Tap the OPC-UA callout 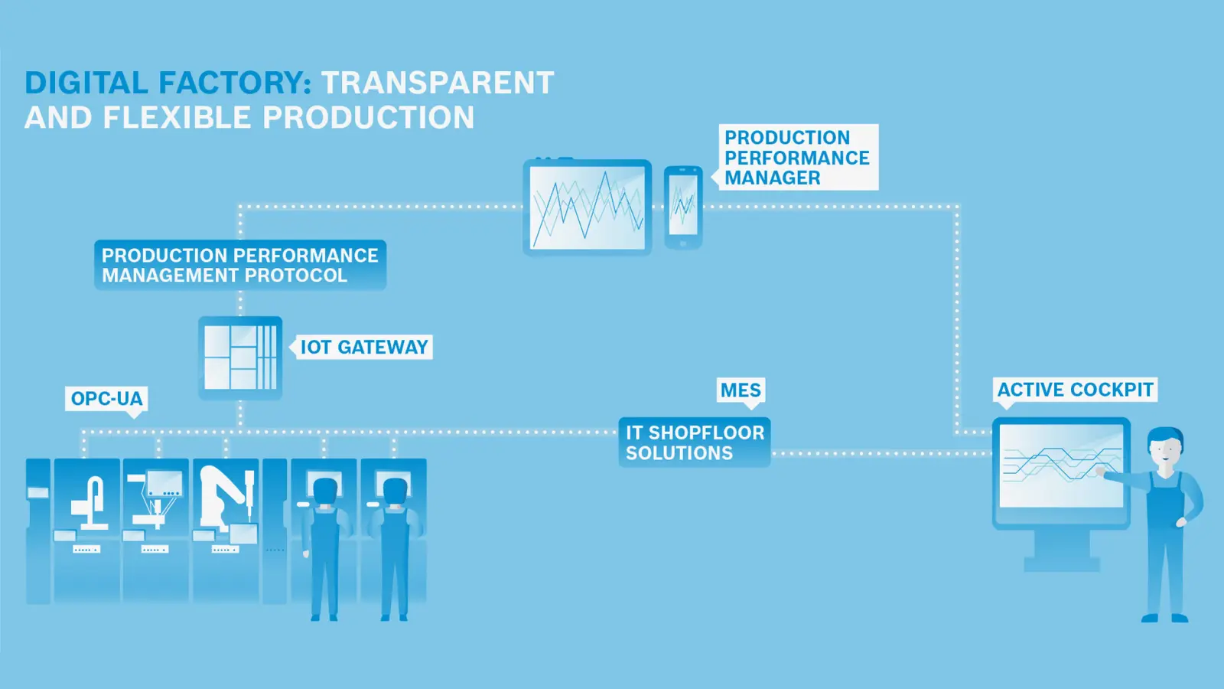pyautogui.click(x=106, y=399)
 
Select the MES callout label pyautogui.click(x=741, y=390)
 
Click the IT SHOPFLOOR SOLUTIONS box pyautogui.click(x=695, y=442)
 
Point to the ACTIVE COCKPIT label pyautogui.click(x=1075, y=390)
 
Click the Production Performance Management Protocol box pyautogui.click(x=240, y=265)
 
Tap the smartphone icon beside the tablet pyautogui.click(x=683, y=207)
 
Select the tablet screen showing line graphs pyautogui.click(x=588, y=207)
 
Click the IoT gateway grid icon pyautogui.click(x=240, y=358)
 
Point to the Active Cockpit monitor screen pyautogui.click(x=1061, y=466)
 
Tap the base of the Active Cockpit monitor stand pyautogui.click(x=1062, y=564)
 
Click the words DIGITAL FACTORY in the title pyautogui.click(x=168, y=83)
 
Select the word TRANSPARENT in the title pyautogui.click(x=438, y=83)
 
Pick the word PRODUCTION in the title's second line pyautogui.click(x=368, y=117)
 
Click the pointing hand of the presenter pyautogui.click(x=1100, y=472)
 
